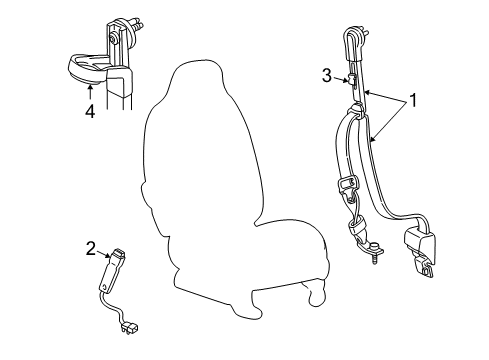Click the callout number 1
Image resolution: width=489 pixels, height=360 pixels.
pos(413,100)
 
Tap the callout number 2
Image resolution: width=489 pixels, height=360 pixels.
pos(91,249)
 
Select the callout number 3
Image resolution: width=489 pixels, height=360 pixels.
pos(327,76)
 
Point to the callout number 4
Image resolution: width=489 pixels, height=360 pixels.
pos(90,111)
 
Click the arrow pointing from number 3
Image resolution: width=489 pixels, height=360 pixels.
pos(340,80)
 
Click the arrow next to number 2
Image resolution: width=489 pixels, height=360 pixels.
pos(103,254)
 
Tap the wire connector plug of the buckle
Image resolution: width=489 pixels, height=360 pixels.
pos(131,329)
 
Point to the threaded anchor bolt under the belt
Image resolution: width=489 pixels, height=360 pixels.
pos(374,256)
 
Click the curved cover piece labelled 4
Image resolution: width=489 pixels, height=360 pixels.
pos(87,68)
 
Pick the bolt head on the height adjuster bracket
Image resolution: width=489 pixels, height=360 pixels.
pos(114,40)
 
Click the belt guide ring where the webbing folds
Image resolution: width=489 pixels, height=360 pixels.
pos(356,110)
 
